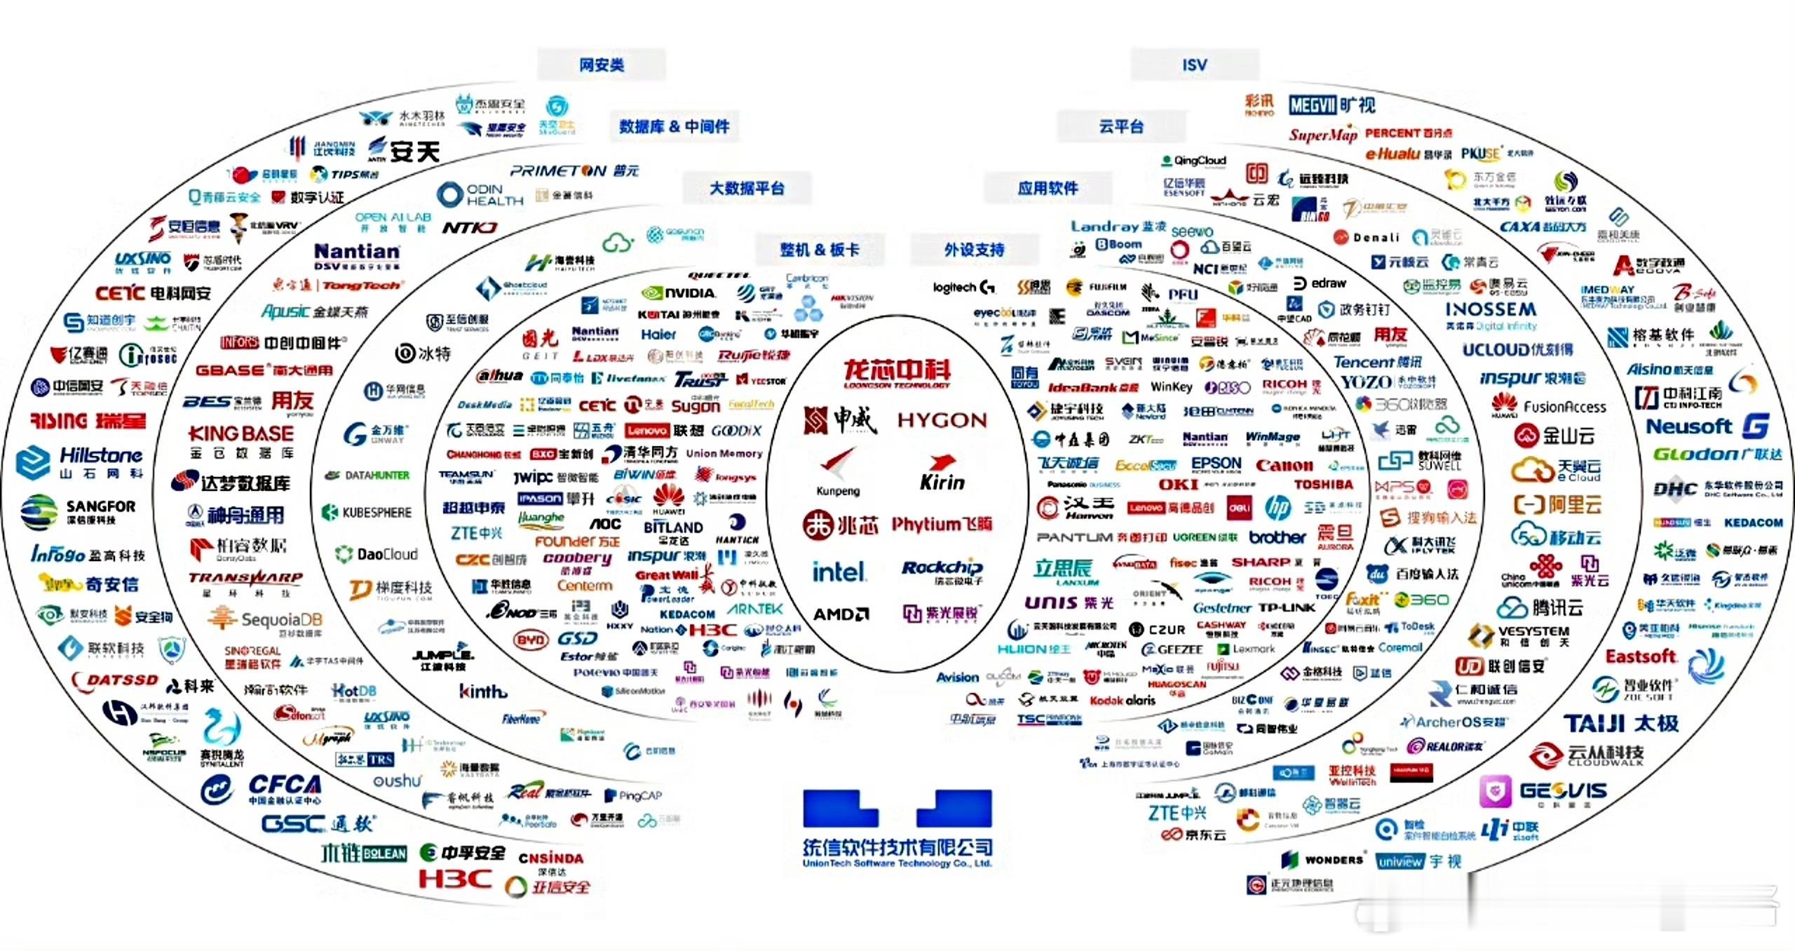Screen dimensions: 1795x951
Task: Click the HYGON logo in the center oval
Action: point(942,420)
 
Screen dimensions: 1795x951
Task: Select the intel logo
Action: point(838,572)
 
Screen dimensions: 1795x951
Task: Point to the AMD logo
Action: point(840,614)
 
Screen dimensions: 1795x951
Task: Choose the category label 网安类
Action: point(601,65)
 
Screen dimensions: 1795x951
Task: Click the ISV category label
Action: point(1194,65)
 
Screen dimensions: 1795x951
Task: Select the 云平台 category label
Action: point(1120,127)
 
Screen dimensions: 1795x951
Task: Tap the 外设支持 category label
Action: point(974,250)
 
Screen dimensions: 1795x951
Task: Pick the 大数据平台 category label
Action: point(747,188)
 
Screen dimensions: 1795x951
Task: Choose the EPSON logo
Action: point(1216,464)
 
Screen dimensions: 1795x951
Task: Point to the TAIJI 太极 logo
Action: point(1620,723)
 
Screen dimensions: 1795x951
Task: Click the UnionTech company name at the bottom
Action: point(897,851)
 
